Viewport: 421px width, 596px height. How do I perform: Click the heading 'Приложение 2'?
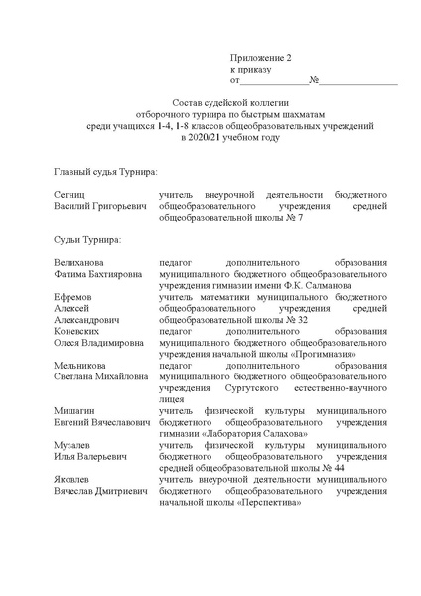[x=261, y=58]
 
